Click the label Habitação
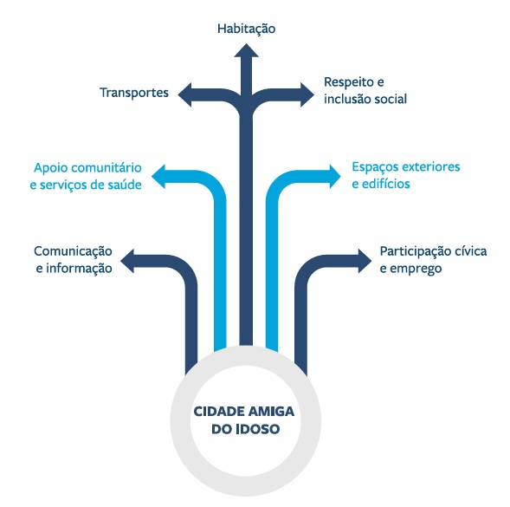246,29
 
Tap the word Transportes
134,93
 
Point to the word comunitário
107,168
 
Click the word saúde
125,185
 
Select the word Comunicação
74,251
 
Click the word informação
79,269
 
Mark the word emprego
416,270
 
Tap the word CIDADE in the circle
216,412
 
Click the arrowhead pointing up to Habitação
246,50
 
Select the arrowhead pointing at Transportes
184,94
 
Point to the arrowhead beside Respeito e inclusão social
307,94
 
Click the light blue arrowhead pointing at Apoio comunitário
158,177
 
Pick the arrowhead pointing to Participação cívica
365,261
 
